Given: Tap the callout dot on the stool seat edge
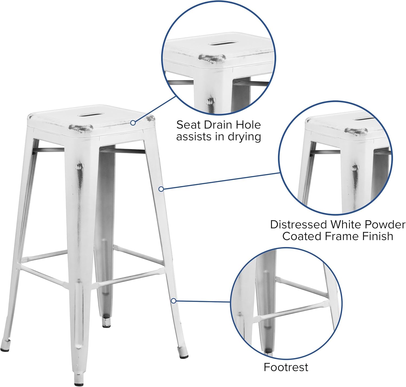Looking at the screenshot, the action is pos(133,123).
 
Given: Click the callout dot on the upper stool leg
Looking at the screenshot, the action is pos(161,189).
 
